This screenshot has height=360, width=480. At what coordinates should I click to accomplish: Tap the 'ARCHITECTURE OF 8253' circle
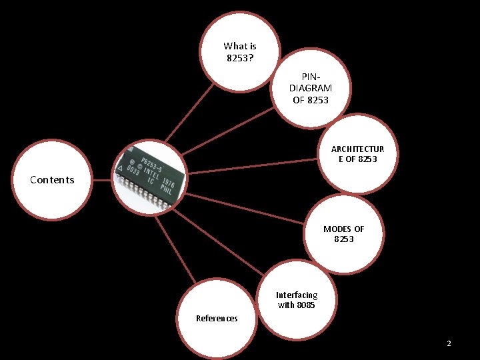click(357, 154)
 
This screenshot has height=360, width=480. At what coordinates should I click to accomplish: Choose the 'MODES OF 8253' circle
click(343, 234)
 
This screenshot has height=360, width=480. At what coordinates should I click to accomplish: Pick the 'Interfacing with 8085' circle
click(297, 300)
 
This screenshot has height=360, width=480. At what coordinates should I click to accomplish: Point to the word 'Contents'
click(52, 179)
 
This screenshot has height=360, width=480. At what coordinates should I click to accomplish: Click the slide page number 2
click(449, 343)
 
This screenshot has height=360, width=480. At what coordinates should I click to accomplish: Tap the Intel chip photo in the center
click(149, 177)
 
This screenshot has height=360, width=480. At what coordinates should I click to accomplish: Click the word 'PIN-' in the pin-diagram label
click(311, 77)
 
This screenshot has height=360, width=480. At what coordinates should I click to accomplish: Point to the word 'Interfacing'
click(297, 295)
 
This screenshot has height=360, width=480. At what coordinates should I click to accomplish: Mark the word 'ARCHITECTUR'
click(357, 149)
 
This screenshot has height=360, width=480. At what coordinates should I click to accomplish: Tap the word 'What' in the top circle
click(235, 46)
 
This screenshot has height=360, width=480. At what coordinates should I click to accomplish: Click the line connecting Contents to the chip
click(101, 180)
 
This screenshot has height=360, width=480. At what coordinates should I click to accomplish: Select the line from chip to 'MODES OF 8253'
click(247, 208)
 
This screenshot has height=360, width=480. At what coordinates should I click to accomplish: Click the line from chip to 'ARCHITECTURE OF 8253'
click(253, 166)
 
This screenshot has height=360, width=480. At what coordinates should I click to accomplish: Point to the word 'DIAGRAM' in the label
click(311, 89)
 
